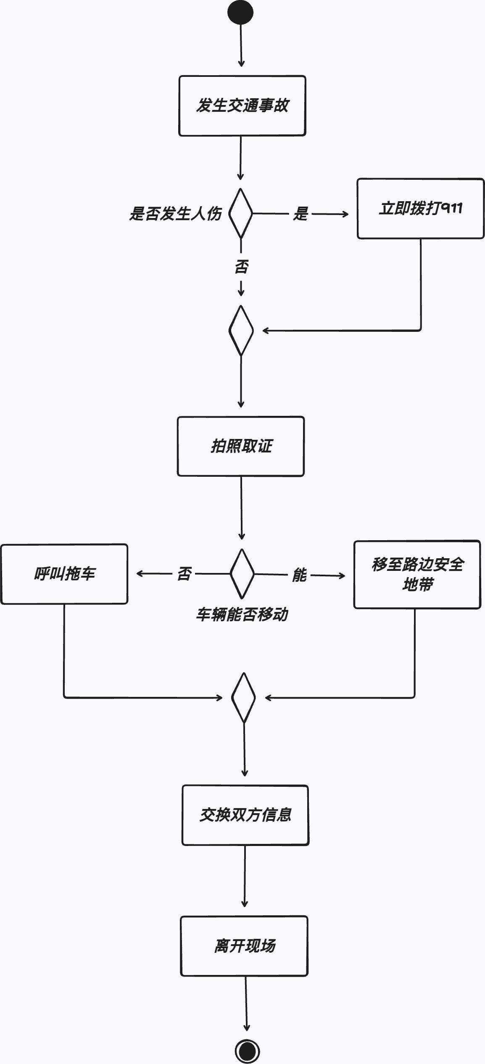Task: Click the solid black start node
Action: point(240,12)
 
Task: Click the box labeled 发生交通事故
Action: point(242,106)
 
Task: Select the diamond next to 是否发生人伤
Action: point(240,213)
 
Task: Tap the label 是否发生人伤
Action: point(175,213)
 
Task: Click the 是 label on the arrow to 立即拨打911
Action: point(300,214)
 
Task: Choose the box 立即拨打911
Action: point(420,209)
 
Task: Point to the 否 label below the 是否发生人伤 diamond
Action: point(241,267)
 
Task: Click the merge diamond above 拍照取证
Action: point(241,331)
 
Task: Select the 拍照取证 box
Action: point(241,446)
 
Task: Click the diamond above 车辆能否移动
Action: point(242,573)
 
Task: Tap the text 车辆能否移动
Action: point(242,615)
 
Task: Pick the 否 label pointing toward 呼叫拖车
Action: point(184,573)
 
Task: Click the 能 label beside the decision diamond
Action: point(299,575)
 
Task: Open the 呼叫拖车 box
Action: point(64,574)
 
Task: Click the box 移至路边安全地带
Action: point(417,574)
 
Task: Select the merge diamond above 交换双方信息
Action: point(243,698)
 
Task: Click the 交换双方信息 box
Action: point(245,815)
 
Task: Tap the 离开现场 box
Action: point(244,946)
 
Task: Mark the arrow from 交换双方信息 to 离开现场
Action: point(245,876)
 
